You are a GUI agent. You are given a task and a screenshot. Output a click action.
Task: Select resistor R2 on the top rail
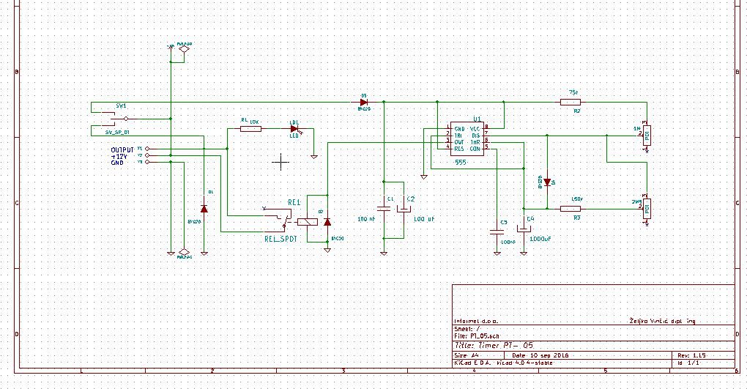(x=571, y=103)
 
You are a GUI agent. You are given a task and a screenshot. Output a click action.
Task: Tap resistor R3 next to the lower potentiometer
(x=571, y=209)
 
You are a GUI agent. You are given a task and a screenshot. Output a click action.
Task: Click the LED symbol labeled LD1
(x=294, y=129)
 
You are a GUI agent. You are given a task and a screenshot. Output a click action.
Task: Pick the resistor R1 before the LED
(x=250, y=129)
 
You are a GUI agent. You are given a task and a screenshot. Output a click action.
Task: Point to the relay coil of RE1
(x=311, y=221)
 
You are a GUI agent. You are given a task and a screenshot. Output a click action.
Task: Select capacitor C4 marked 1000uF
(x=523, y=228)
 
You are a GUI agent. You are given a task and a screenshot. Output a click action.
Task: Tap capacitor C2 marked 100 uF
(x=404, y=209)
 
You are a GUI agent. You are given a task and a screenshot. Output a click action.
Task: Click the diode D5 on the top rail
(x=363, y=103)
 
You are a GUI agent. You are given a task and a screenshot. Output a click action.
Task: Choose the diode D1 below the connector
(x=204, y=209)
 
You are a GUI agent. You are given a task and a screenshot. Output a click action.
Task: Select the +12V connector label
(x=119, y=156)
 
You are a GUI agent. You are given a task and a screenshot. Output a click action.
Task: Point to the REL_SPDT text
(x=280, y=238)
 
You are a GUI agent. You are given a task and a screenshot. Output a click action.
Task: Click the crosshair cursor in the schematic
(x=280, y=161)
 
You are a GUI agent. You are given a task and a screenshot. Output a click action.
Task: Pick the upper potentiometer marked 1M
(x=647, y=134)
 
